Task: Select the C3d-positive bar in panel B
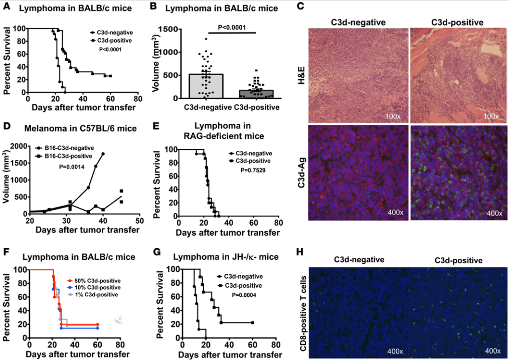[x=256, y=94]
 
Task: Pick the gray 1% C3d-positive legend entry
[x=95, y=295]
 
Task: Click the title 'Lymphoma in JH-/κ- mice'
[x=225, y=257]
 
